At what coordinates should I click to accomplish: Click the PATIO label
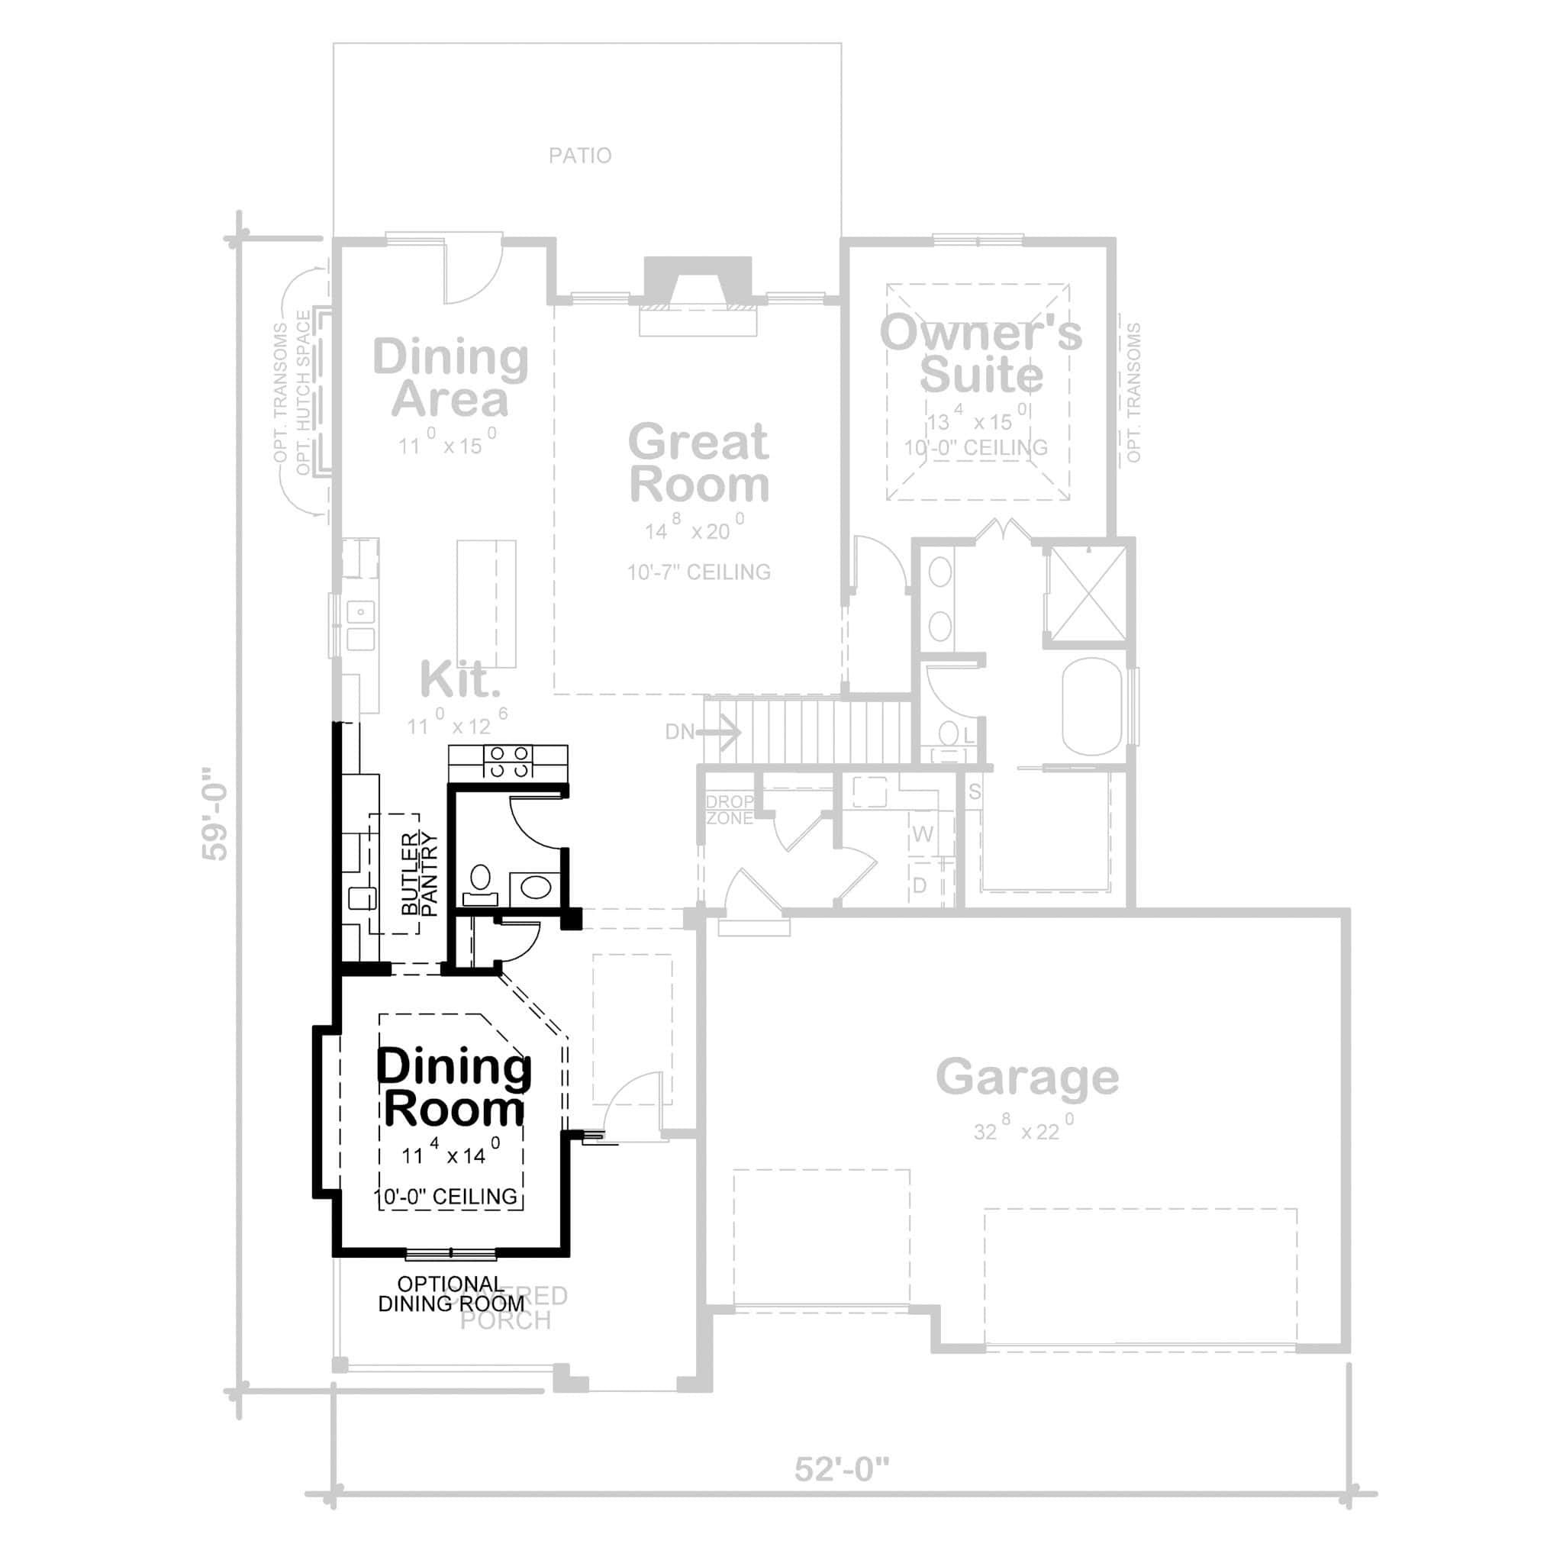(580, 156)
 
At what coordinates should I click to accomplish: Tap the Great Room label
(698, 463)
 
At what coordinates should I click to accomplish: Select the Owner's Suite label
(981, 354)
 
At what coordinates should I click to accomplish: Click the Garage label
(1026, 1077)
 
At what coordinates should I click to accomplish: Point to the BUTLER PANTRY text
(419, 875)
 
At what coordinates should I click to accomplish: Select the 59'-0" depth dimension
(216, 814)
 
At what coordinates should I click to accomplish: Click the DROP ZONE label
(729, 810)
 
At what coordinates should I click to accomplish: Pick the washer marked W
(922, 834)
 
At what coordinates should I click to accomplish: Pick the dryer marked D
(920, 886)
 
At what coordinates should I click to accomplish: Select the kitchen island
(486, 604)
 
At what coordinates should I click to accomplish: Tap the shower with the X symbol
(1089, 594)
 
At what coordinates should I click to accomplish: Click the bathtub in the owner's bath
(1092, 707)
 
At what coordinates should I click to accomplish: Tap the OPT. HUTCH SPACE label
(304, 392)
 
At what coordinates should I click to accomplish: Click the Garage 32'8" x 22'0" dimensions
(1024, 1130)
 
